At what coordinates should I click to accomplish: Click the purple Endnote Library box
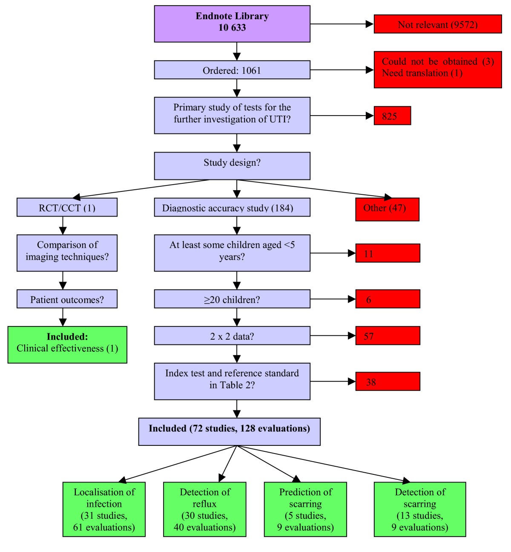pos(232,24)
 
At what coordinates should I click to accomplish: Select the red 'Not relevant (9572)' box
pos(438,24)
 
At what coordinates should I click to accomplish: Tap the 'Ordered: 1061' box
pos(232,70)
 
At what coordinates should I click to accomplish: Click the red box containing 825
pos(392,116)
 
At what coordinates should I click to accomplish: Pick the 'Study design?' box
pos(232,166)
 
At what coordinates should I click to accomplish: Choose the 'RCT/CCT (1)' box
pos(67,208)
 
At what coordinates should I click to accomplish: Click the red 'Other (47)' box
pos(387,209)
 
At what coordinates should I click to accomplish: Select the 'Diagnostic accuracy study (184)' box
pos(232,208)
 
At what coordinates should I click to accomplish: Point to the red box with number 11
pos(388,253)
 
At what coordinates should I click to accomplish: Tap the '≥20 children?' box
pos(232,299)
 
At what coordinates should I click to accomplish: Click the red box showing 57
pos(388,336)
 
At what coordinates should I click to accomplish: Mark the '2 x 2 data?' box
pos(232,336)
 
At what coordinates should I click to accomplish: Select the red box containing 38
pos(388,381)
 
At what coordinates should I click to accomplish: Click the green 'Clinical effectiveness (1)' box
pos(67,345)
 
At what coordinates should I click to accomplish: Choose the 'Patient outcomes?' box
pos(67,299)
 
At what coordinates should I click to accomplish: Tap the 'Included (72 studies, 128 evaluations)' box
pos(229,432)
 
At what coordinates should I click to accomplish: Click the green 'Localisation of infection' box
pos(104,509)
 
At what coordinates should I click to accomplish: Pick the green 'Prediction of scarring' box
pos(305,509)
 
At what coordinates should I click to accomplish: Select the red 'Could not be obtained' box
pos(438,69)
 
